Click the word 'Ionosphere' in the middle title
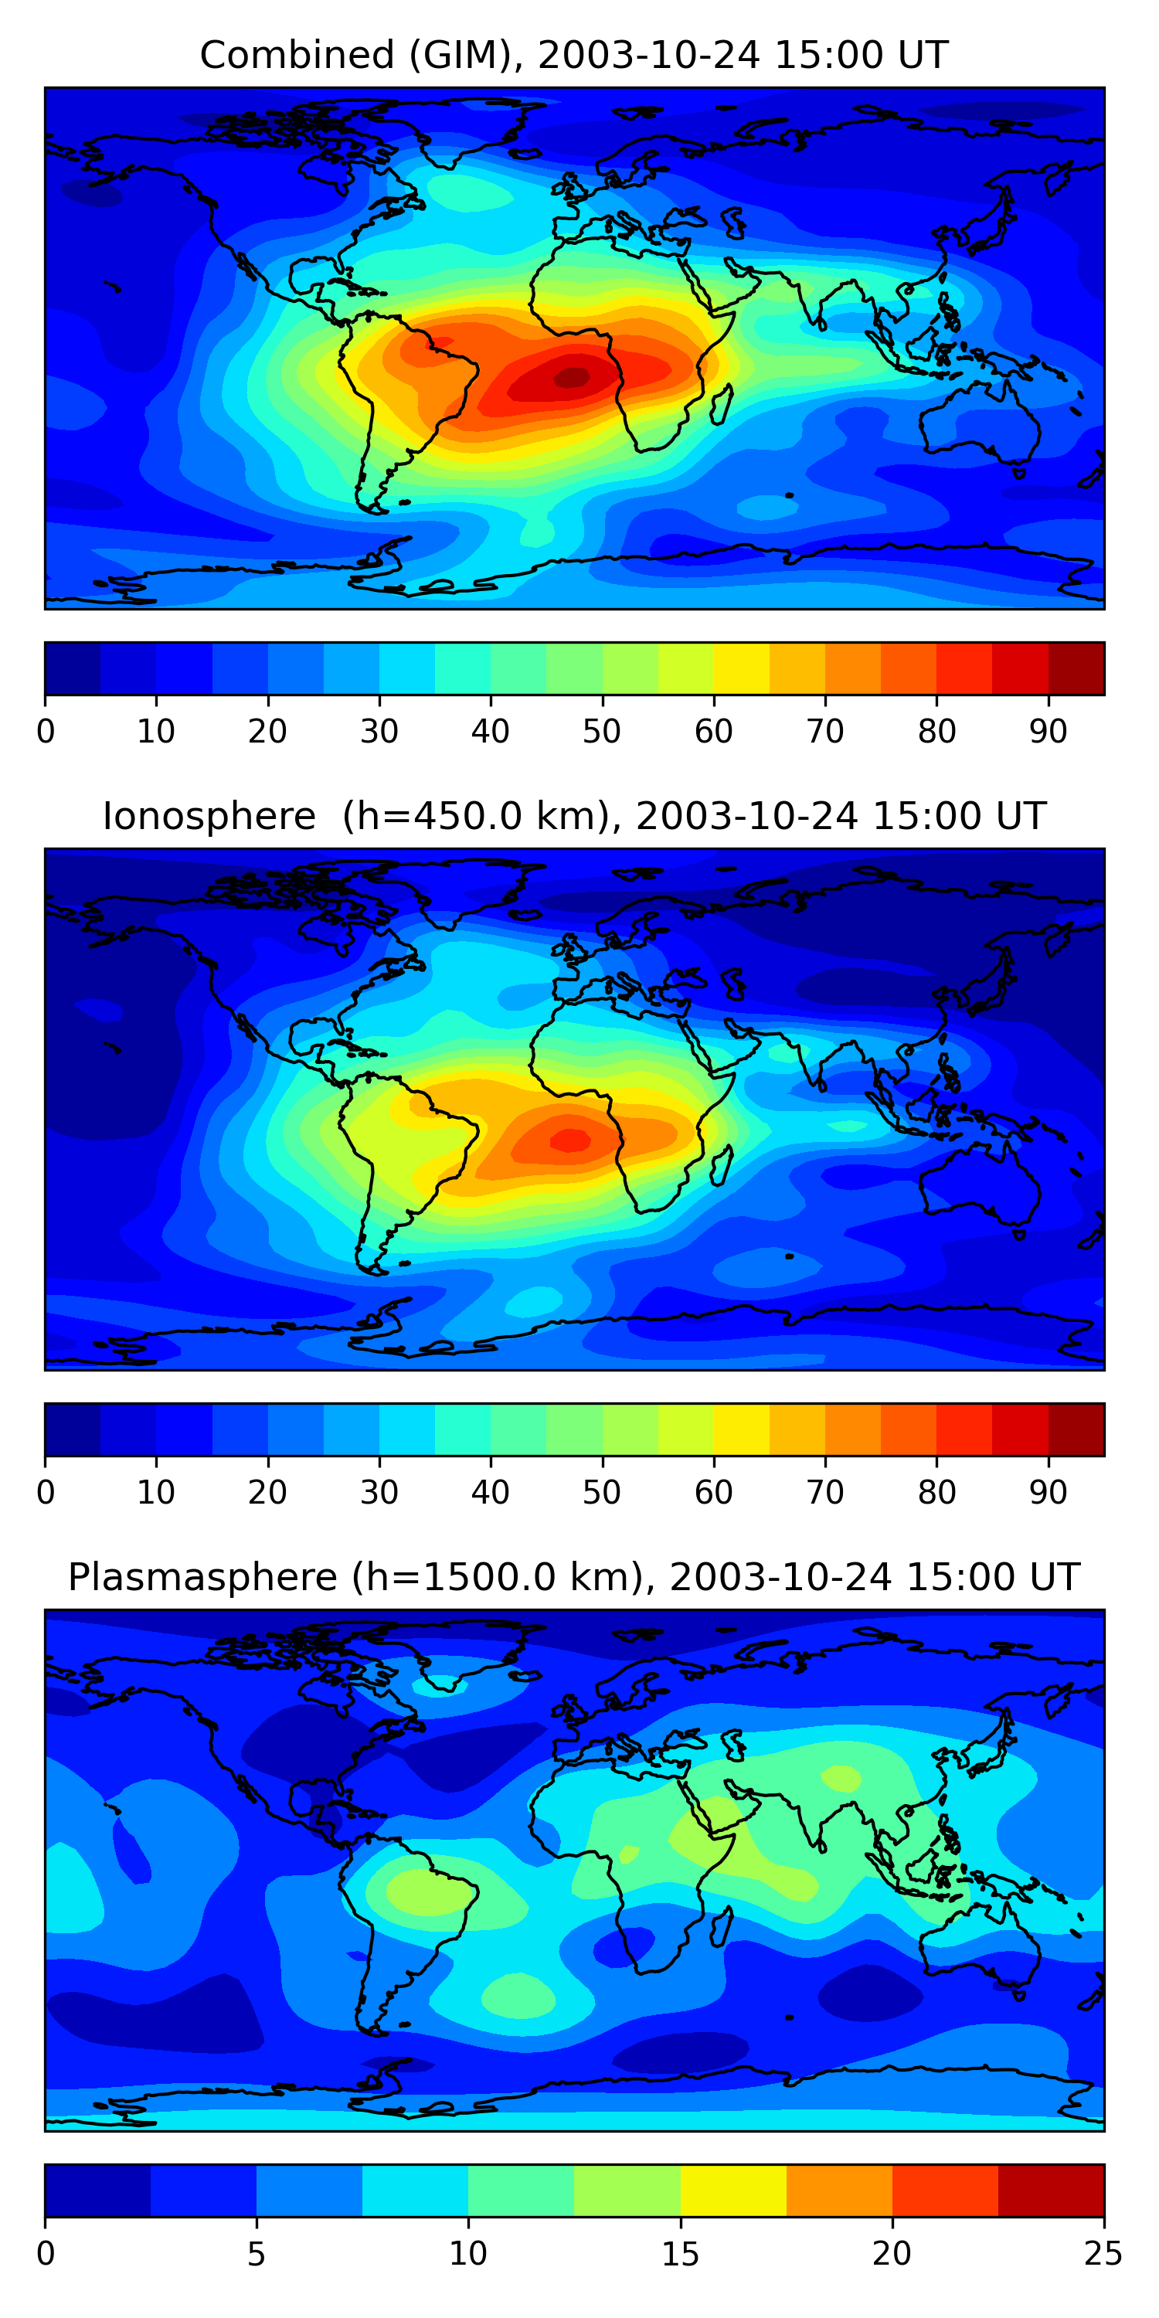click(209, 816)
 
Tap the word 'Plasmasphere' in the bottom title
click(202, 1578)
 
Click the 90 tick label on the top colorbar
click(1048, 732)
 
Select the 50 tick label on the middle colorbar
click(601, 1492)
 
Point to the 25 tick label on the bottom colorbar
click(1103, 2254)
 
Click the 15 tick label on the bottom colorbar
click(679, 2254)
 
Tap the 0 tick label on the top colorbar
click(46, 732)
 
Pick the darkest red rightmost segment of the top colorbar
click(1076, 668)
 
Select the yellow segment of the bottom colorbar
click(732, 2191)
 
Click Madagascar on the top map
click(722, 404)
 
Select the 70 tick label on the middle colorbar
click(824, 1492)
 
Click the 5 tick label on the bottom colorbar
click(257, 2254)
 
